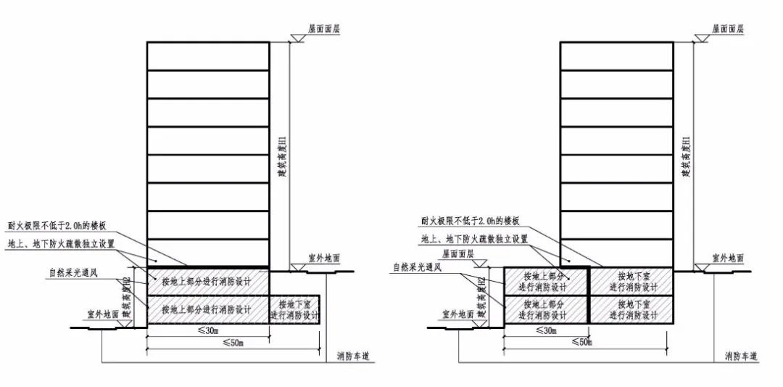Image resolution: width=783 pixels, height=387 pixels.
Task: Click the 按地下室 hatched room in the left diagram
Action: pos(294,309)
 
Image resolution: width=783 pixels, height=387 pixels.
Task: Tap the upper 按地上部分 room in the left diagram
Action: pos(208,281)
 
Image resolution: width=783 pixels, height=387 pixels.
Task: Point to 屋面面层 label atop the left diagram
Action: pos(325,28)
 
